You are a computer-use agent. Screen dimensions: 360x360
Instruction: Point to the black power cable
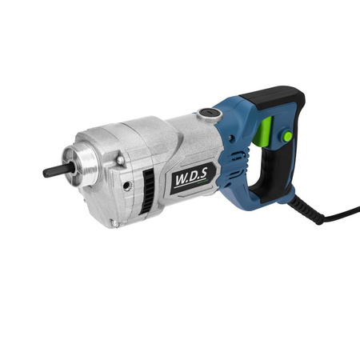point(341,214)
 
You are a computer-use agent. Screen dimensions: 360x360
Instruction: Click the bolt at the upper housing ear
point(119,160)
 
